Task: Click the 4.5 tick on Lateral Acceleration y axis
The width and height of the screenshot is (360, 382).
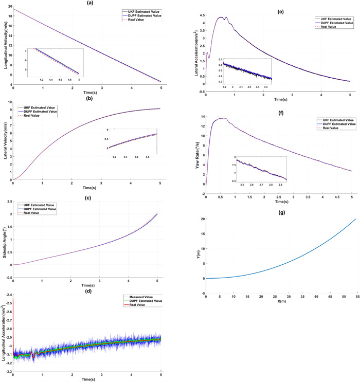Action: pyautogui.click(x=201, y=8)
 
